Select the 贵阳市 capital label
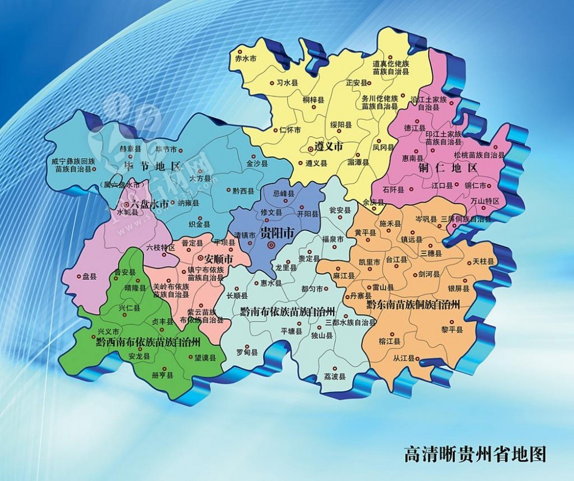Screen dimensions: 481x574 click(277, 233)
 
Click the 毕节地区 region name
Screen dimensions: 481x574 click(152, 166)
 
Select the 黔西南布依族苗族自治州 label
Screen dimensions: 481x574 click(148, 342)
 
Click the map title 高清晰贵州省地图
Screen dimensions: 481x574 click(475, 454)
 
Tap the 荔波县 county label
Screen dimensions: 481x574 click(335, 377)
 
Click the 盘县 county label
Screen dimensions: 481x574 click(89, 276)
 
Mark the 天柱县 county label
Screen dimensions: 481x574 click(483, 261)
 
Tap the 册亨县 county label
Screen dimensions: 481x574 click(146, 375)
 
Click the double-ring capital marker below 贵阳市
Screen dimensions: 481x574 click(271, 245)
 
